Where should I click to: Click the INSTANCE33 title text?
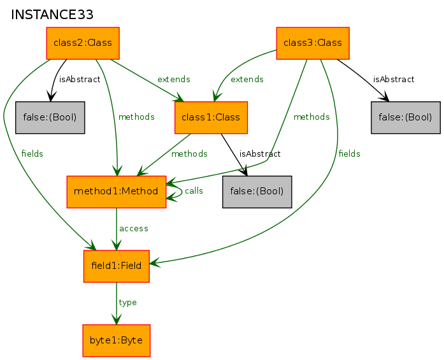(x=52, y=15)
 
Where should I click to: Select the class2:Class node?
(x=83, y=43)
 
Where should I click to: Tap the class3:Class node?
(x=313, y=43)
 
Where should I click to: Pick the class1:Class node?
(x=211, y=117)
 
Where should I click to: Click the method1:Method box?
(x=116, y=192)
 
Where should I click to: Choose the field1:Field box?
(x=117, y=266)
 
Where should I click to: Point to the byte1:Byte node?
(x=117, y=340)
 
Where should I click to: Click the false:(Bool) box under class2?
(x=50, y=117)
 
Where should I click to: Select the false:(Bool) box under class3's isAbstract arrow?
(x=406, y=117)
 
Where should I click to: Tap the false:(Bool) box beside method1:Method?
(x=257, y=192)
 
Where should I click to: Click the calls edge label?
(x=194, y=191)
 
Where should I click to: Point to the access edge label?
(x=134, y=229)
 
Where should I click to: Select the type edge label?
(x=127, y=303)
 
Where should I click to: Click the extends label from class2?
(x=173, y=79)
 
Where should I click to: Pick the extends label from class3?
(x=247, y=79)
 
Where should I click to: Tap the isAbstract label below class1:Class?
(x=260, y=154)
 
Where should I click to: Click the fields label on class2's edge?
(x=32, y=154)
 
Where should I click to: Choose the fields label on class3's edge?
(x=350, y=154)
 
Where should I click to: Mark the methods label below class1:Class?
(x=189, y=154)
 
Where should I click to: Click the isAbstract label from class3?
(x=394, y=79)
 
